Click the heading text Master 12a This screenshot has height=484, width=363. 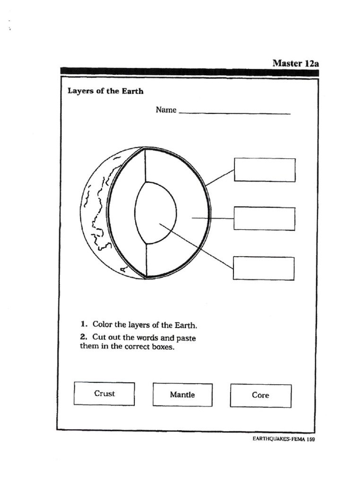tap(295, 63)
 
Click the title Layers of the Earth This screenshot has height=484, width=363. tap(105, 91)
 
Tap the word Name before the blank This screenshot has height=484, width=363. tap(166, 110)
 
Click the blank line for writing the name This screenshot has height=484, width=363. tap(235, 113)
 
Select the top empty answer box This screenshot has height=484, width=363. tap(265, 170)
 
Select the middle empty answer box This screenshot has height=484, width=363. tap(264, 218)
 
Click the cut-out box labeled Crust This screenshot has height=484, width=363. tap(104, 394)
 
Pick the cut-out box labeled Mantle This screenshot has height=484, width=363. tap(182, 395)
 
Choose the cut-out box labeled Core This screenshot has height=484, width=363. tap(260, 395)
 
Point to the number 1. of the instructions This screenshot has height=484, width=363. tap(84, 324)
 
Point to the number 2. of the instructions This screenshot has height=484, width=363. tap(84, 337)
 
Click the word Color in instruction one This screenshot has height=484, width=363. tap(103, 324)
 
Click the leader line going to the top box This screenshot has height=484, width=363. tap(220, 178)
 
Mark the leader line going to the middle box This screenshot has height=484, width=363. tap(213, 218)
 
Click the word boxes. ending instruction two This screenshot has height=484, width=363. tap(161, 346)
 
